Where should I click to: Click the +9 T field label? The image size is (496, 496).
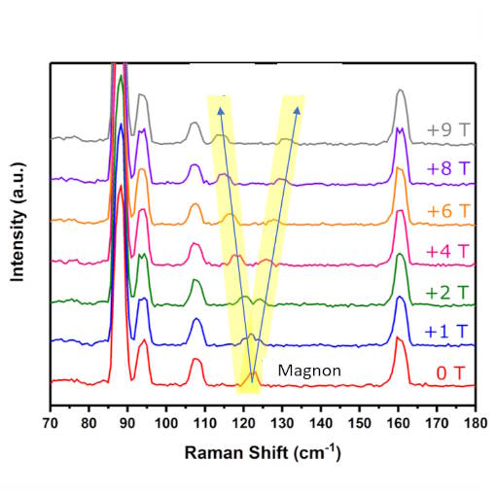point(446,130)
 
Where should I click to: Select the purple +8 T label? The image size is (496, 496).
point(446,169)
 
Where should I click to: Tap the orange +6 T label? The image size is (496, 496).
point(446,210)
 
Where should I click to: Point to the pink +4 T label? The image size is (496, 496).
point(446,251)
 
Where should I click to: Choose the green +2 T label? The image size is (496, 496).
point(446,293)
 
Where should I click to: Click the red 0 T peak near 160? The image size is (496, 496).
point(400,342)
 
